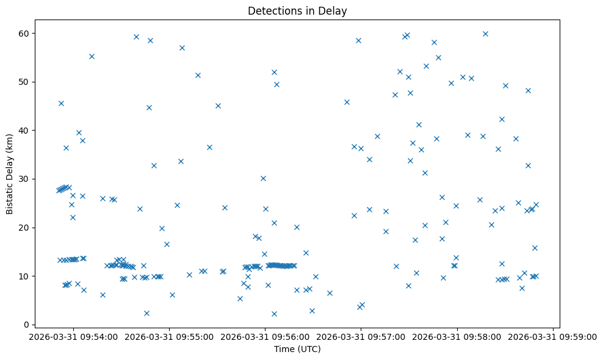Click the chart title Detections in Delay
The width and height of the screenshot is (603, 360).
point(297,10)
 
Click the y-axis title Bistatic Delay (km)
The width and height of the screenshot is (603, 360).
point(10,174)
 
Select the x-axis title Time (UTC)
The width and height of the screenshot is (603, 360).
point(297,350)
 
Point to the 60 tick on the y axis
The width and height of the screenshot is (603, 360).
point(29,33)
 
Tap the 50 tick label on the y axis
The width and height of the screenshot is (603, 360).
point(29,82)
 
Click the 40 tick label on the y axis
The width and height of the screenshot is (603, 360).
point(29,130)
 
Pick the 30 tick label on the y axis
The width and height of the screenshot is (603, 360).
point(29,179)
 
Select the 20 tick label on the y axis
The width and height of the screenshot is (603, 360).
point(29,228)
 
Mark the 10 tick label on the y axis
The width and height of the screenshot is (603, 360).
point(29,276)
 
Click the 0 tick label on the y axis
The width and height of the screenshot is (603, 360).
point(31,325)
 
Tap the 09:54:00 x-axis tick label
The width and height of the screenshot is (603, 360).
point(73,336)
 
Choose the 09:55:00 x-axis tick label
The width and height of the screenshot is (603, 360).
point(169,336)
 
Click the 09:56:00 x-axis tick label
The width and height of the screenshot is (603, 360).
point(265,336)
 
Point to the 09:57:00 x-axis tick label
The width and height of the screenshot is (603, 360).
point(361,336)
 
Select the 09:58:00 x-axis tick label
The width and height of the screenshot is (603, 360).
point(457,336)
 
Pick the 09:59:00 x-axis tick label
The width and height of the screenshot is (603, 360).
point(553,336)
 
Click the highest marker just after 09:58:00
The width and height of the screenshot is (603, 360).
point(485,34)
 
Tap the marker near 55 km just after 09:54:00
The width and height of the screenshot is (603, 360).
point(92,56)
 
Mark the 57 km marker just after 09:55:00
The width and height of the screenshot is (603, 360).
point(182,48)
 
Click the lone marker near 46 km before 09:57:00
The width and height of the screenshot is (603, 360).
point(347,102)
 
